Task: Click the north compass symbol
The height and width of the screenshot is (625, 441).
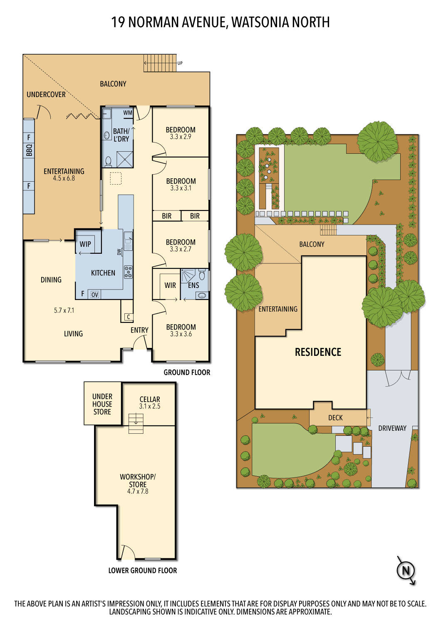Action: [x=406, y=570]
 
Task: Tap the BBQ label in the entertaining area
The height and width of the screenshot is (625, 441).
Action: [x=29, y=150]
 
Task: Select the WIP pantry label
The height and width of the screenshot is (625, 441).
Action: [x=85, y=244]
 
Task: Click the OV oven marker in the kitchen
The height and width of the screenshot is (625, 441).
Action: [x=95, y=295]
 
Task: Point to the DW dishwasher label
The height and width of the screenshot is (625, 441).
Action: [x=119, y=252]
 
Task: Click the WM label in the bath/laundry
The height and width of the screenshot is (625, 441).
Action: [x=128, y=113]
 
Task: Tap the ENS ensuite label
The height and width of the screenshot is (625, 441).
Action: [x=193, y=285]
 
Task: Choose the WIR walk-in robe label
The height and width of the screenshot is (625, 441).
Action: [x=170, y=285]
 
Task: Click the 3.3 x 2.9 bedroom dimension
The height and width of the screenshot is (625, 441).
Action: [x=181, y=137]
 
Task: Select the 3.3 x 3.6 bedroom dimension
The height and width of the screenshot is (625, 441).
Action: [x=181, y=334]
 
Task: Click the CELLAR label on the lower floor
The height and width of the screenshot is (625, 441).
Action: [x=150, y=399]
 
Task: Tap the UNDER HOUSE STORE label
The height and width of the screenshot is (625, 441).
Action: [x=102, y=404]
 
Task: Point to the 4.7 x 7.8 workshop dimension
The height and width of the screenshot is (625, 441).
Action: [x=138, y=491]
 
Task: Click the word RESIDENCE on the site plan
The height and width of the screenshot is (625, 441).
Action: [x=318, y=352]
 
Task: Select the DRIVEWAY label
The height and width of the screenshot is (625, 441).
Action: [x=392, y=428]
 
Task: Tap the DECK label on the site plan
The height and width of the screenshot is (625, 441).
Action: [x=335, y=417]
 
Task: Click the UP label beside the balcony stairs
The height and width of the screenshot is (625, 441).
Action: [x=180, y=63]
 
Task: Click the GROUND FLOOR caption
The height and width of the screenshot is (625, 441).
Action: [x=187, y=372]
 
